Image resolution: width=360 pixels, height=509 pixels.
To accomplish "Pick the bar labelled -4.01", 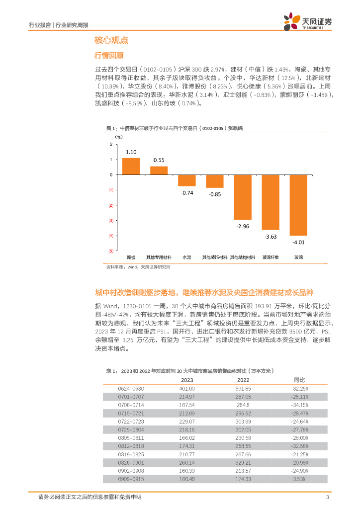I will [298, 205].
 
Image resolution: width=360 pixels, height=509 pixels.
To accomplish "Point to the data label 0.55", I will [159, 160].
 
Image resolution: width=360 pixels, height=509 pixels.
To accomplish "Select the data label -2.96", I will [243, 226].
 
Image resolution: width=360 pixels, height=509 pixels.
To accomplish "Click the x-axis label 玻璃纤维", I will [270, 257].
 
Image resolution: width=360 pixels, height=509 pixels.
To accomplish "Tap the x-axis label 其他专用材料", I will [159, 257].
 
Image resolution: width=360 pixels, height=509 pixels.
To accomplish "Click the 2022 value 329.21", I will [243, 462].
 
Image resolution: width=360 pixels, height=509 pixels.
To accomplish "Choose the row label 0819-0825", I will [131, 454].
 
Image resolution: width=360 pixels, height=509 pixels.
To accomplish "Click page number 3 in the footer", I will [327, 498].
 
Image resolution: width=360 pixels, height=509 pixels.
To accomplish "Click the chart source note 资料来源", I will [138, 267].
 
